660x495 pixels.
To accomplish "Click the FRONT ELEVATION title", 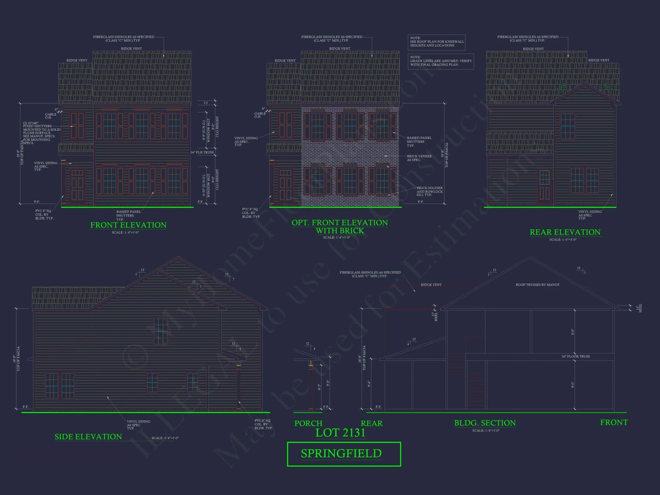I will (x=128, y=225).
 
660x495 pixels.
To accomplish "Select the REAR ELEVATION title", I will (x=565, y=232).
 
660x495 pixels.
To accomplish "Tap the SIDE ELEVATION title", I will (x=88, y=437).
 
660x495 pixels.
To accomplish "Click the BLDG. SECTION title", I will (x=485, y=423).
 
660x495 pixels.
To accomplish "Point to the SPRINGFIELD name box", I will (x=344, y=454).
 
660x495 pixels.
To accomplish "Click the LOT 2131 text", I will (x=340, y=433).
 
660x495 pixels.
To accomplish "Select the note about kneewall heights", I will (x=437, y=42).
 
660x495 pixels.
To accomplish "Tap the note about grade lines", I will (x=441, y=61).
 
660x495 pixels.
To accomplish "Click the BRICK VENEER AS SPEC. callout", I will (x=419, y=158).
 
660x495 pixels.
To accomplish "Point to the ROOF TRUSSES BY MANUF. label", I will (x=538, y=285).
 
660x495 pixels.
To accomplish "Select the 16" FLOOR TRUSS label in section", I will (x=576, y=356).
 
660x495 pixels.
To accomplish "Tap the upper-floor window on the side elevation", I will (x=161, y=331).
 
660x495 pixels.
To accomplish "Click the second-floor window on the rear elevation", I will (x=568, y=126).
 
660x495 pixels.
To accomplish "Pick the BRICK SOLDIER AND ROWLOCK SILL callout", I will (x=429, y=191).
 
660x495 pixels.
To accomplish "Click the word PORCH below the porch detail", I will (x=308, y=423).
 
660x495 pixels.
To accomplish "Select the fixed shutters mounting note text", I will (x=41, y=133).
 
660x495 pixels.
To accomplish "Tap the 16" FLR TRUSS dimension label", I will (x=202, y=152).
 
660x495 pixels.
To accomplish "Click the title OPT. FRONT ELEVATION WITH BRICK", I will (x=340, y=227).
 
